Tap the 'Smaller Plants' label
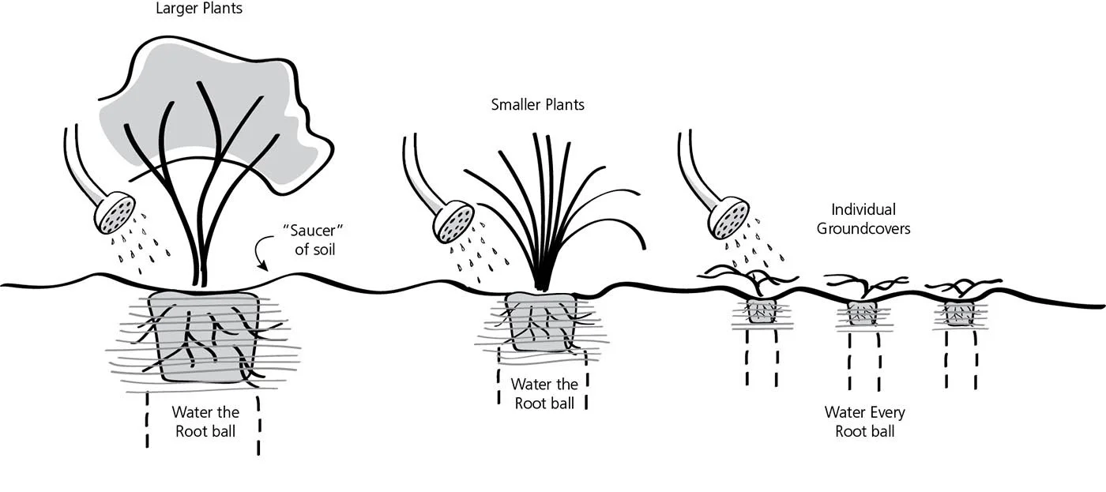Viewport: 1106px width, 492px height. [538, 104]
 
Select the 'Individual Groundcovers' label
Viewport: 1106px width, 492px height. [863, 220]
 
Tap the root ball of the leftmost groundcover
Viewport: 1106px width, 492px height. [762, 311]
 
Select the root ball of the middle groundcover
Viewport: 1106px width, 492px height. [862, 314]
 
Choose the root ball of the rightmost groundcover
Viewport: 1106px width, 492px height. [960, 314]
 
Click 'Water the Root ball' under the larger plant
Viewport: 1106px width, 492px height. [205, 422]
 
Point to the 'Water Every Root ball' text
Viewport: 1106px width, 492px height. [865, 422]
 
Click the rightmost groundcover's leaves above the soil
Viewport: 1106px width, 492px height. [963, 285]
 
